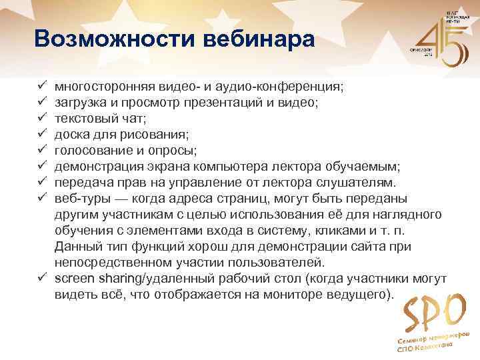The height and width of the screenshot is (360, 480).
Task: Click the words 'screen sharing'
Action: (97, 277)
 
